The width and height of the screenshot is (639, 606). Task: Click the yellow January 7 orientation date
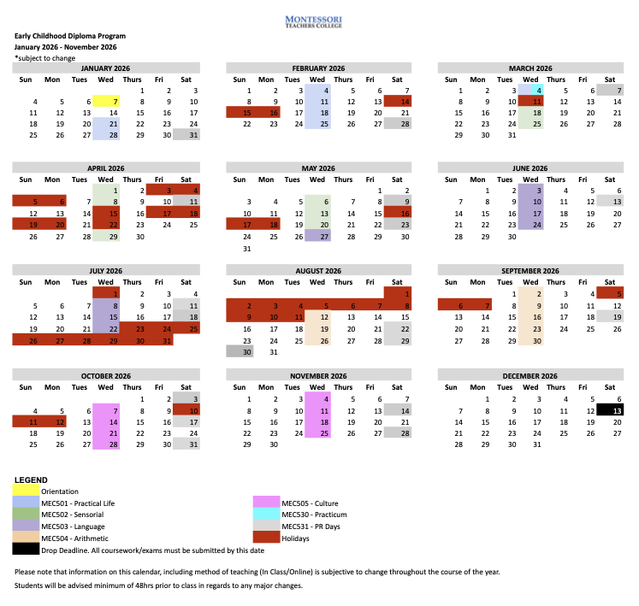[x=114, y=101]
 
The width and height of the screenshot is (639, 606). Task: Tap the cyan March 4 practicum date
[x=537, y=90]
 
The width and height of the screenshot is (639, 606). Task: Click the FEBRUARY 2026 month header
[x=317, y=68]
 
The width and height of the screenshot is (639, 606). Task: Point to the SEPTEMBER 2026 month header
[x=530, y=270]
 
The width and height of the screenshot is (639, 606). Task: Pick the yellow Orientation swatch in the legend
[x=30, y=491]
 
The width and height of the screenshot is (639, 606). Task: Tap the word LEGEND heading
[x=31, y=480]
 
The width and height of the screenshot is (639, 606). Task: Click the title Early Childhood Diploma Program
[x=69, y=36]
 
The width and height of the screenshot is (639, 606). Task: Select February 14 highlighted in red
[x=397, y=101]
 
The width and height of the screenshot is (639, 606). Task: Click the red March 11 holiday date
[x=537, y=101]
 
